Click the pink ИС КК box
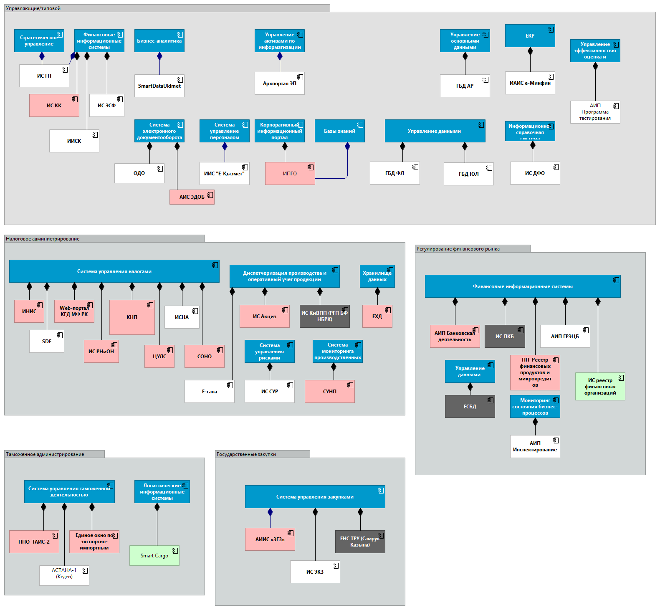point(54,105)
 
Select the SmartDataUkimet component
point(159,86)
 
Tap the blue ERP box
point(530,36)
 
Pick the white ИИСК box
point(74,141)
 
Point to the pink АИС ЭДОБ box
point(192,197)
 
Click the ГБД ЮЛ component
point(468,174)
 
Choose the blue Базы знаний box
point(339,131)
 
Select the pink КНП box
point(132,317)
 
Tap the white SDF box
point(47,341)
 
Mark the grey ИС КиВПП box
point(324,316)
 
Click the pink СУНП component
point(329,391)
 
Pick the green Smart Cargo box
point(154,555)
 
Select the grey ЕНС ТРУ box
point(360,542)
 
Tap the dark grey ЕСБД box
point(470,406)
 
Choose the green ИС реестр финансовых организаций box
point(600,386)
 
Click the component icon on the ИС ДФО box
point(555,167)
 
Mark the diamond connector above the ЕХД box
point(377,291)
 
